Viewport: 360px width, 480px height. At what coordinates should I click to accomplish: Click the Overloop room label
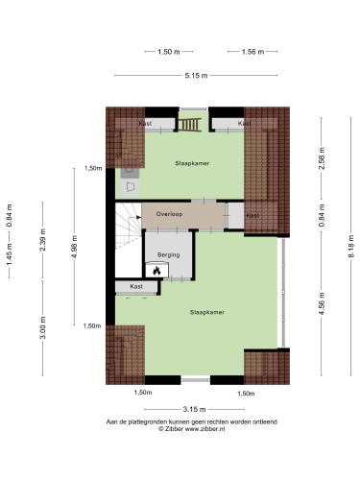coord(169,214)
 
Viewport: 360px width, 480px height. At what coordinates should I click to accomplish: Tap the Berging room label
coord(168,255)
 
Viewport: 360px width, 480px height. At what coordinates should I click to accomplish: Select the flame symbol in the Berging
coord(156,271)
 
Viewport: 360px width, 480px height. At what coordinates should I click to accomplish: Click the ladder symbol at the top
coord(190,125)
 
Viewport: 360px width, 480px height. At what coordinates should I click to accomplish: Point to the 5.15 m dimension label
coord(196,76)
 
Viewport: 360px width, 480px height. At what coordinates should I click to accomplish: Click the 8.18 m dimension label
coord(351,246)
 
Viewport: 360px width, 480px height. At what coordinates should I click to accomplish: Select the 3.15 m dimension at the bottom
coord(194,409)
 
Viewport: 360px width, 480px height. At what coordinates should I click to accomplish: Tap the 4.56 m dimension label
coord(322,303)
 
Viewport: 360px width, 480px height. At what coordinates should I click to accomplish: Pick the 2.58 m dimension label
coord(322,158)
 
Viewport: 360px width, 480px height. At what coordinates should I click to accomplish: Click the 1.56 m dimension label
coord(252,52)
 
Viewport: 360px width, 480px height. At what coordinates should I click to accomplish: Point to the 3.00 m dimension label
coord(43,327)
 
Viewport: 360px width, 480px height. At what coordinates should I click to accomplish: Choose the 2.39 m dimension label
coord(43,240)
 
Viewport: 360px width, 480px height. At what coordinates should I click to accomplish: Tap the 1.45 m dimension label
coord(10,253)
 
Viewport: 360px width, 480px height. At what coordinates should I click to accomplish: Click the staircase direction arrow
coord(138,217)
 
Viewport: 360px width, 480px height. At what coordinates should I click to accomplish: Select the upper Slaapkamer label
coord(192,163)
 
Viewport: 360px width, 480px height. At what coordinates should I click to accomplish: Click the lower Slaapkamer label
coord(207,312)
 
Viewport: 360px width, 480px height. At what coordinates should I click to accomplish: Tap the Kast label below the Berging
coord(136,287)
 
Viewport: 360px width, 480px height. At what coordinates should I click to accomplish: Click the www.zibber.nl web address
coord(204,429)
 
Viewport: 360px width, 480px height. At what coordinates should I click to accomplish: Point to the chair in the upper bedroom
coord(130,186)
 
